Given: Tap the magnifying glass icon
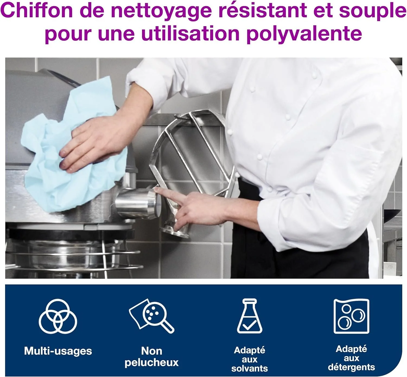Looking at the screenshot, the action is (x=152, y=316).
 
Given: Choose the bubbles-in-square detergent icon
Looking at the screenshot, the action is (x=351, y=316).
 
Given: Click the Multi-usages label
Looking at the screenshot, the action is (x=58, y=351).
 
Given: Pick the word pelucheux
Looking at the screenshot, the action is (x=151, y=362).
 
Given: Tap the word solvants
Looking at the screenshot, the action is (x=249, y=368).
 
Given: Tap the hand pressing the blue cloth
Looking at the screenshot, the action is (x=98, y=141).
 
